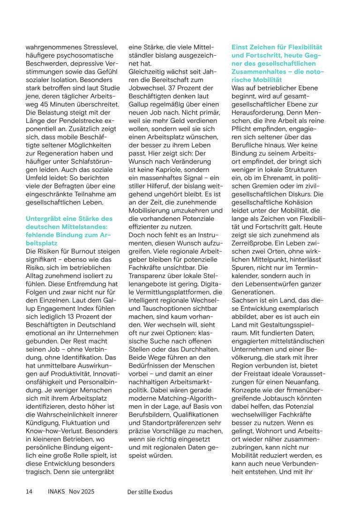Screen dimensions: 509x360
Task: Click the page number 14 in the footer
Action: point(29,492)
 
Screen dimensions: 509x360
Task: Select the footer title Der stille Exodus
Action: point(150,492)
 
